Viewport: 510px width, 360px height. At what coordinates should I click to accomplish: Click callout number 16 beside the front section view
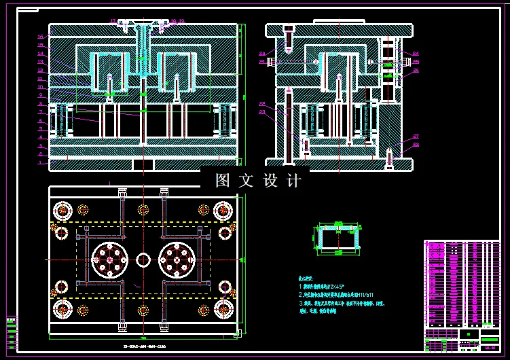(40, 36)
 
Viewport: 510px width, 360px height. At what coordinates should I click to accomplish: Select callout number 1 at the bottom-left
(40, 163)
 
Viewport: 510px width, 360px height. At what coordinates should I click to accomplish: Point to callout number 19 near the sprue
(181, 21)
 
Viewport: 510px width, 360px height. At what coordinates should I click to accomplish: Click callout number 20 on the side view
(262, 53)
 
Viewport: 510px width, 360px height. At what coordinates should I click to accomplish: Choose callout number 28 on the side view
(416, 145)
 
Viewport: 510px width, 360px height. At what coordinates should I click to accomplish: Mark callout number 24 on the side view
(416, 53)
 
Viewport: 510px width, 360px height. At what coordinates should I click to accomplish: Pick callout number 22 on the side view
(262, 103)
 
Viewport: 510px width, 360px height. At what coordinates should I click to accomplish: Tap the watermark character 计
(293, 181)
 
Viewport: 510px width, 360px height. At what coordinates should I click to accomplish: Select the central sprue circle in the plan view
(143, 259)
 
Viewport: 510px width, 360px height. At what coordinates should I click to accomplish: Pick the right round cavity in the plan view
(178, 259)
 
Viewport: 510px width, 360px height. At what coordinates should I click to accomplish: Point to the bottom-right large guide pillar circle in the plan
(223, 310)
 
